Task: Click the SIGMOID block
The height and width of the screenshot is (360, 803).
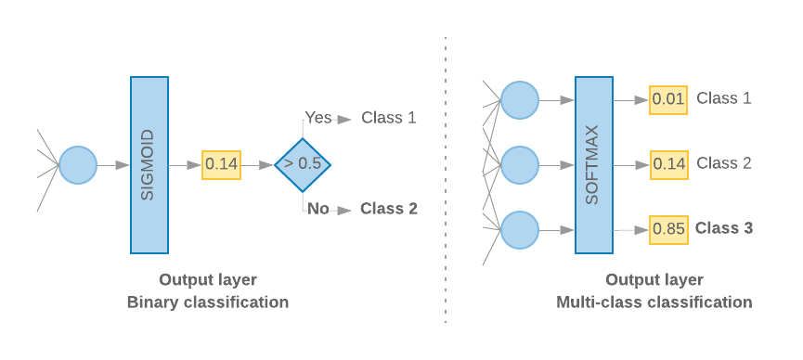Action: coord(149,165)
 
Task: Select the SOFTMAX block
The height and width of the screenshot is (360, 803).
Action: coord(594,165)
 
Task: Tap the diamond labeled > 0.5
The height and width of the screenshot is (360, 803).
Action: coord(303,164)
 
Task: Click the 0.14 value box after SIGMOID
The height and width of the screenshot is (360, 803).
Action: coord(221,164)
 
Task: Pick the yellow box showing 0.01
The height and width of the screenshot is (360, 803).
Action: coord(668,99)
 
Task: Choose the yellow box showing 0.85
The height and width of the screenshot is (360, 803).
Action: coord(668,229)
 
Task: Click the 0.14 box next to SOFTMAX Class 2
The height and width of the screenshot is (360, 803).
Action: coord(668,164)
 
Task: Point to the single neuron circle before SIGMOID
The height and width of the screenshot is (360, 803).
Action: coord(78,165)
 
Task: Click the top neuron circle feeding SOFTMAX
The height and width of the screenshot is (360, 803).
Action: coord(520,100)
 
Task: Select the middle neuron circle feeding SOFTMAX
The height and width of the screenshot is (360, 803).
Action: coord(520,165)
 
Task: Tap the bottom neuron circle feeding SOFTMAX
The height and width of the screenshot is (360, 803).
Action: coord(520,230)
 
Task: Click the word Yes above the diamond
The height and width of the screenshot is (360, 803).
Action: coord(318,118)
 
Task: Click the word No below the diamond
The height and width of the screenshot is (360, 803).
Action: coord(318,209)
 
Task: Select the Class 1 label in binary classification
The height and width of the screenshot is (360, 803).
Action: coord(388,118)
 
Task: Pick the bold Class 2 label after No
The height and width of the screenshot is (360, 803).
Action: coord(388,209)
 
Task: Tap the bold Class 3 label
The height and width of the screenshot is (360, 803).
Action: coord(724,228)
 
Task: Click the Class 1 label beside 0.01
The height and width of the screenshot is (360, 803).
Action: coord(724,98)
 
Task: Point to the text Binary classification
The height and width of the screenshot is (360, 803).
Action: coord(208,302)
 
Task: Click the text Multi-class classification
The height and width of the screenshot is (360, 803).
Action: coord(654,302)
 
